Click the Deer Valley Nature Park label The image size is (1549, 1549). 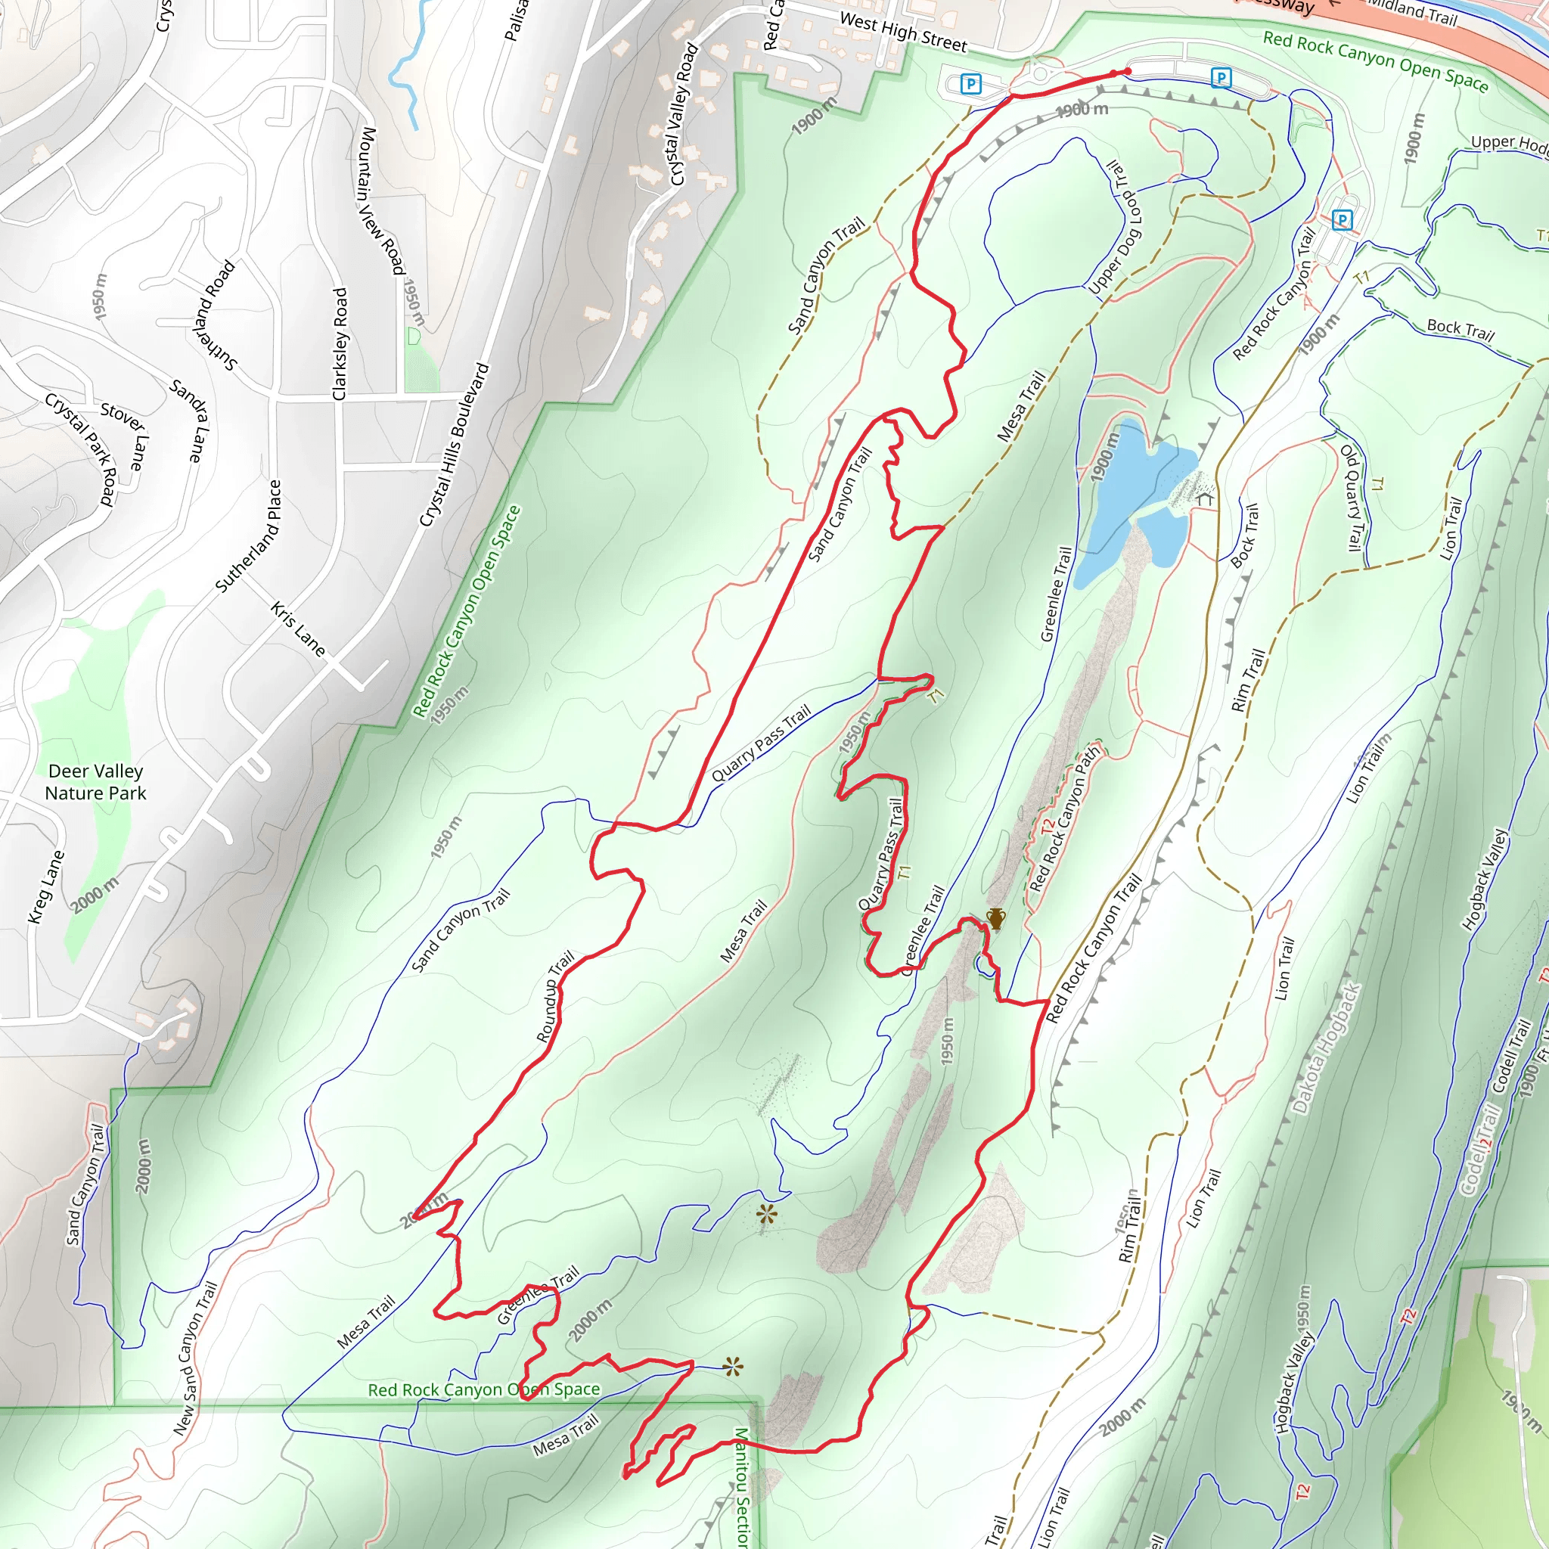point(95,782)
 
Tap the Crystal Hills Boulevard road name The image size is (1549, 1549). point(455,445)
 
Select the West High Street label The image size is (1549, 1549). point(903,32)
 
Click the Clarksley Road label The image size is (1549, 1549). point(340,344)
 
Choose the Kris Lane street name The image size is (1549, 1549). point(298,629)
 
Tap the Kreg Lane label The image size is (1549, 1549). point(45,887)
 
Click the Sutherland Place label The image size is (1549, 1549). point(249,535)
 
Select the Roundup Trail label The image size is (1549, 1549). point(556,997)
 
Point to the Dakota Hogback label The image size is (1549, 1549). point(1327,1048)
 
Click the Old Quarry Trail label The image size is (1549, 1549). point(1352,497)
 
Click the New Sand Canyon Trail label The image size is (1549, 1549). point(196,1359)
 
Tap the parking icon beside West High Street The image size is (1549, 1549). point(971,83)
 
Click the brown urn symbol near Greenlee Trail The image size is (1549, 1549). point(996,919)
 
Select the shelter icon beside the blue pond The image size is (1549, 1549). point(1204,498)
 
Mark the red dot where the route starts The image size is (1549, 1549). point(1127,72)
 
